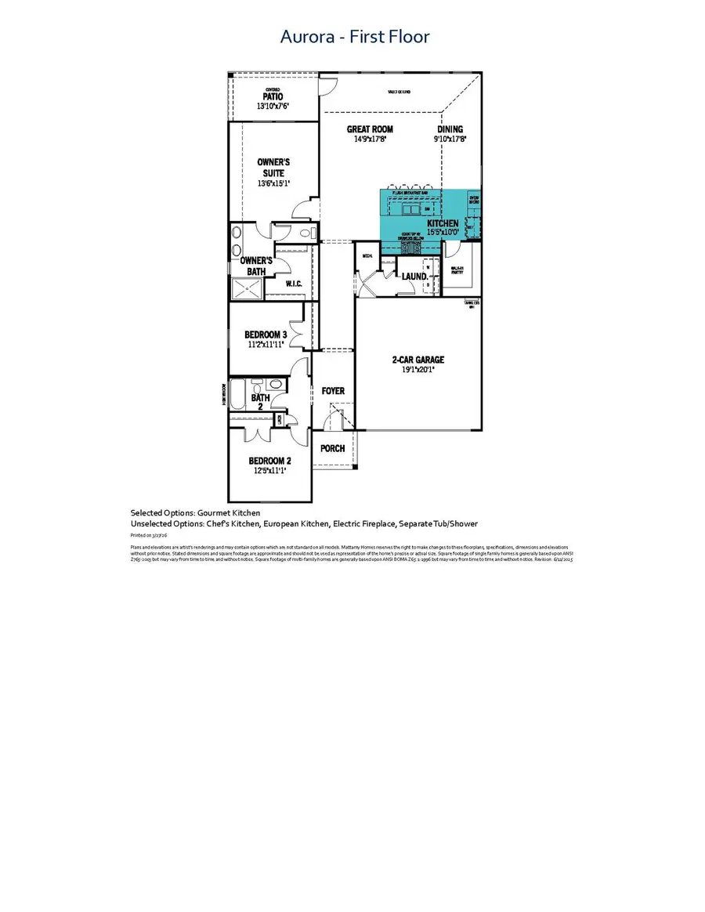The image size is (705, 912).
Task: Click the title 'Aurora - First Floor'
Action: pos(355,37)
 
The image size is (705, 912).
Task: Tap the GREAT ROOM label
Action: pos(371,129)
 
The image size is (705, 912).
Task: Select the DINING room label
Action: pos(450,129)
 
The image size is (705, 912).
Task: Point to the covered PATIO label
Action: pos(273,96)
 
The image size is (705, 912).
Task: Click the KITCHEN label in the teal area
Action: pos(443,223)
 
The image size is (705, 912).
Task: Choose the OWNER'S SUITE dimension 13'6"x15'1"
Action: pos(273,184)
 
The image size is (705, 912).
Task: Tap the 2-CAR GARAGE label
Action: pos(418,360)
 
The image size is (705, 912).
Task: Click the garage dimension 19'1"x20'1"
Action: pos(418,370)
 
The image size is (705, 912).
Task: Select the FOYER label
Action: pos(333,391)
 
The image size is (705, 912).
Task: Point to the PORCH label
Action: pos(333,448)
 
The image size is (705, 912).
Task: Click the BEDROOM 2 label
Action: pos(269,461)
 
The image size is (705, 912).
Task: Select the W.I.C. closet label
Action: pos(294,284)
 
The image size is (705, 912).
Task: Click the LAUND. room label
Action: pos(414,277)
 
